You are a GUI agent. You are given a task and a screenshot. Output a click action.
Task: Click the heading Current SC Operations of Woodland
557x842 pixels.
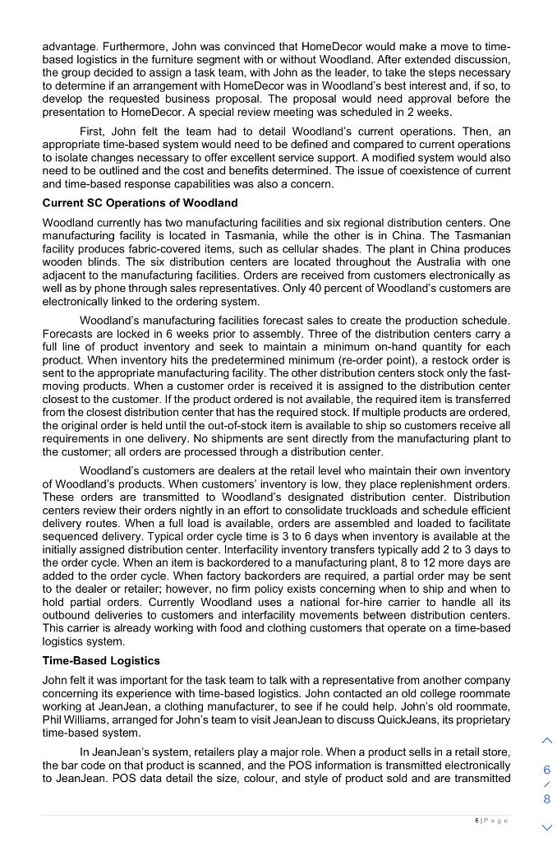pyautogui.click(x=140, y=203)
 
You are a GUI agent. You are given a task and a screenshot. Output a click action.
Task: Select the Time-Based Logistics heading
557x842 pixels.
pyautogui.click(x=101, y=661)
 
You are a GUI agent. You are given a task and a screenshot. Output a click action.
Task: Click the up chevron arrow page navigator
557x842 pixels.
pyautogui.click(x=547, y=741)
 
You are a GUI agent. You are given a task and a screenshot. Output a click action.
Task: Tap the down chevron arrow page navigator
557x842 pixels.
pyautogui.click(x=547, y=826)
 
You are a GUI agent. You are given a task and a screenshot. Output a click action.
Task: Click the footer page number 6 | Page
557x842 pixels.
pyautogui.click(x=491, y=821)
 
